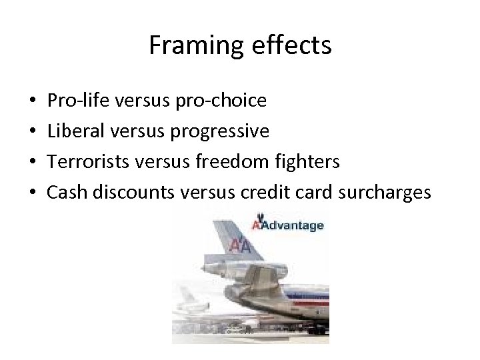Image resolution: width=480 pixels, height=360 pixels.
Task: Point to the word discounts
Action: click(128, 192)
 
